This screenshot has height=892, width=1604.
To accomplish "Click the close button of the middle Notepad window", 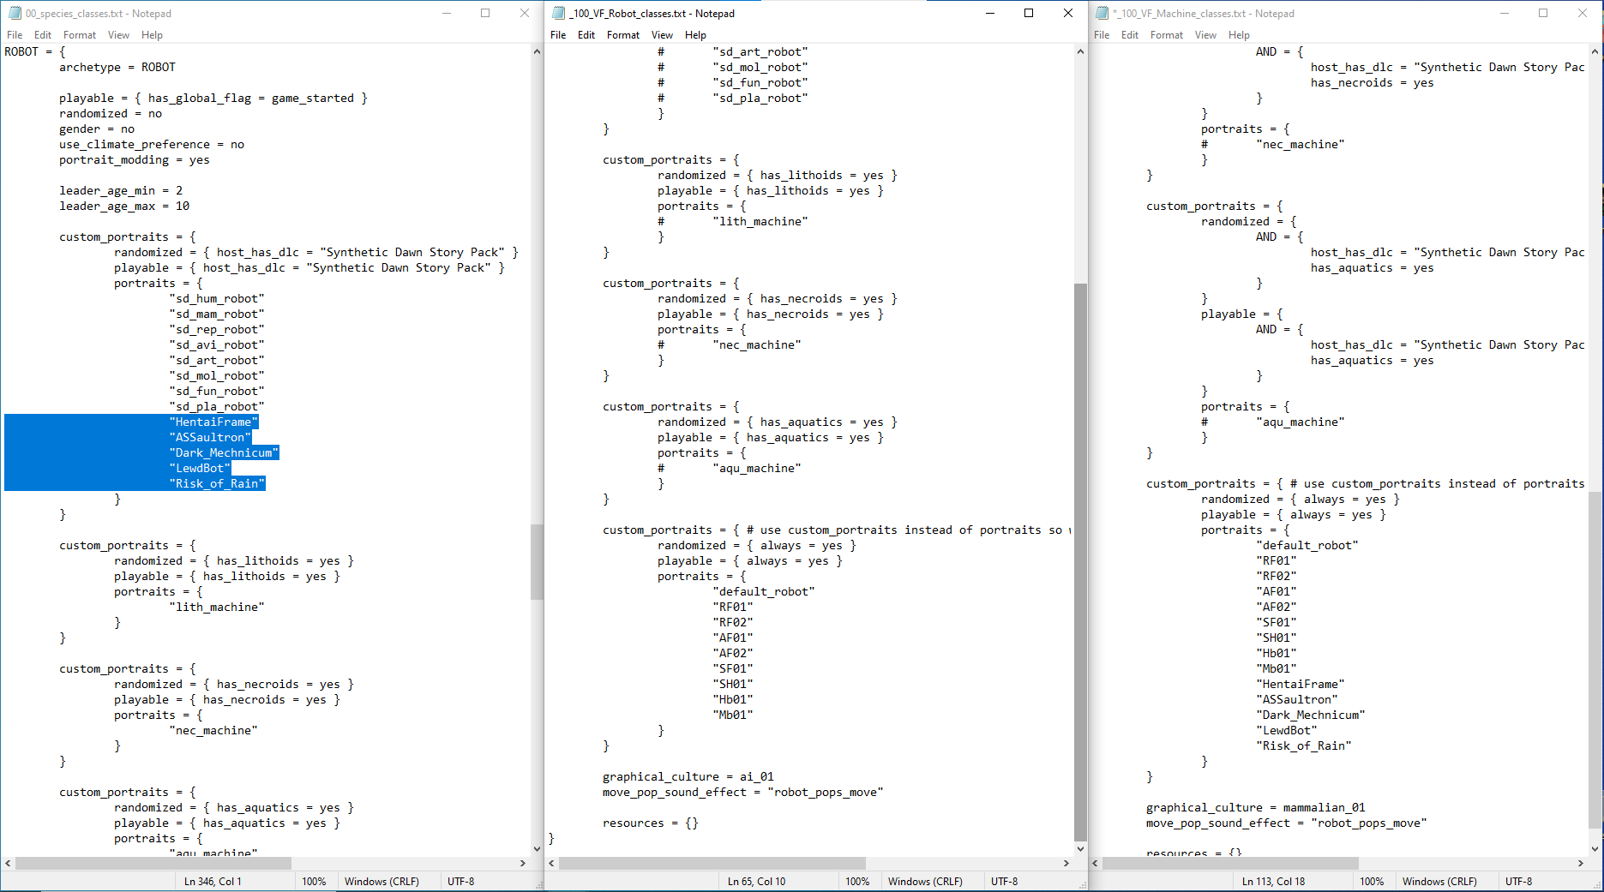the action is click(x=1068, y=13).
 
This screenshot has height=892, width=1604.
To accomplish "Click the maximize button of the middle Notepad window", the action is click(x=1029, y=13).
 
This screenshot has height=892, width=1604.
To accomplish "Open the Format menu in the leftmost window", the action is click(x=80, y=35).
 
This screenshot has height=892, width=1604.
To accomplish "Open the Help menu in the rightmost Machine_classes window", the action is click(x=1239, y=35).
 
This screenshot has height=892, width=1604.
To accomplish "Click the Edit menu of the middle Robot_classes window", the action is click(x=586, y=35).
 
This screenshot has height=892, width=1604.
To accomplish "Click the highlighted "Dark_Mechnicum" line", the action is click(x=224, y=453).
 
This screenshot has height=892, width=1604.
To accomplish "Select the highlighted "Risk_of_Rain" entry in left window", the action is click(x=217, y=484).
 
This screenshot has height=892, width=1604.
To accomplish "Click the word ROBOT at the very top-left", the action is click(x=21, y=51).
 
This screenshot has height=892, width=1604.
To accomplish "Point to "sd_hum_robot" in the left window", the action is click(x=217, y=299).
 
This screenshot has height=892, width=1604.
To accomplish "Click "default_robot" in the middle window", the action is click(x=764, y=592).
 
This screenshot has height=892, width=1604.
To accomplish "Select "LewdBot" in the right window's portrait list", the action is click(x=1287, y=731).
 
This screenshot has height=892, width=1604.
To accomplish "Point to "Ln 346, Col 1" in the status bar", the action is click(x=213, y=882).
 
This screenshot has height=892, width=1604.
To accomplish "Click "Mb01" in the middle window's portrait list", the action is click(x=733, y=715).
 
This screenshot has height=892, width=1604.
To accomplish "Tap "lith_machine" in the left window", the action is click(x=217, y=608).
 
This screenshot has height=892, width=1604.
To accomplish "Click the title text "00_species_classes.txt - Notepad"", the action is click(x=99, y=14).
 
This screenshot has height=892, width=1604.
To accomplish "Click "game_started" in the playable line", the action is click(x=313, y=99).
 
